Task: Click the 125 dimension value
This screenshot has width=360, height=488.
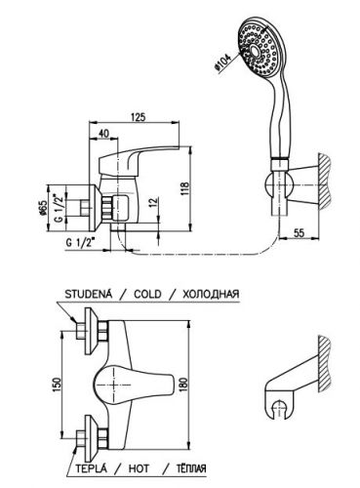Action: (x=139, y=117)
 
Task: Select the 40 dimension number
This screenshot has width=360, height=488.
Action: (x=103, y=134)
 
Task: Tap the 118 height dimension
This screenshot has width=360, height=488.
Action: (x=184, y=189)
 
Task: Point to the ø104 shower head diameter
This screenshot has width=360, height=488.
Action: (x=222, y=62)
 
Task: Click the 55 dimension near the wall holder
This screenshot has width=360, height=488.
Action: (x=299, y=233)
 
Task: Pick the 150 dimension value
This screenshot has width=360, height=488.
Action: (x=56, y=385)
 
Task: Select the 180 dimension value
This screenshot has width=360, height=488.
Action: (x=183, y=386)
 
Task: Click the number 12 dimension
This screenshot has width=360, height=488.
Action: (x=154, y=202)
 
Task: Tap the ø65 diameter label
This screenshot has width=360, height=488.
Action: (x=42, y=208)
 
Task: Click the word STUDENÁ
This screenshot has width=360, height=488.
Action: (x=89, y=294)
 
